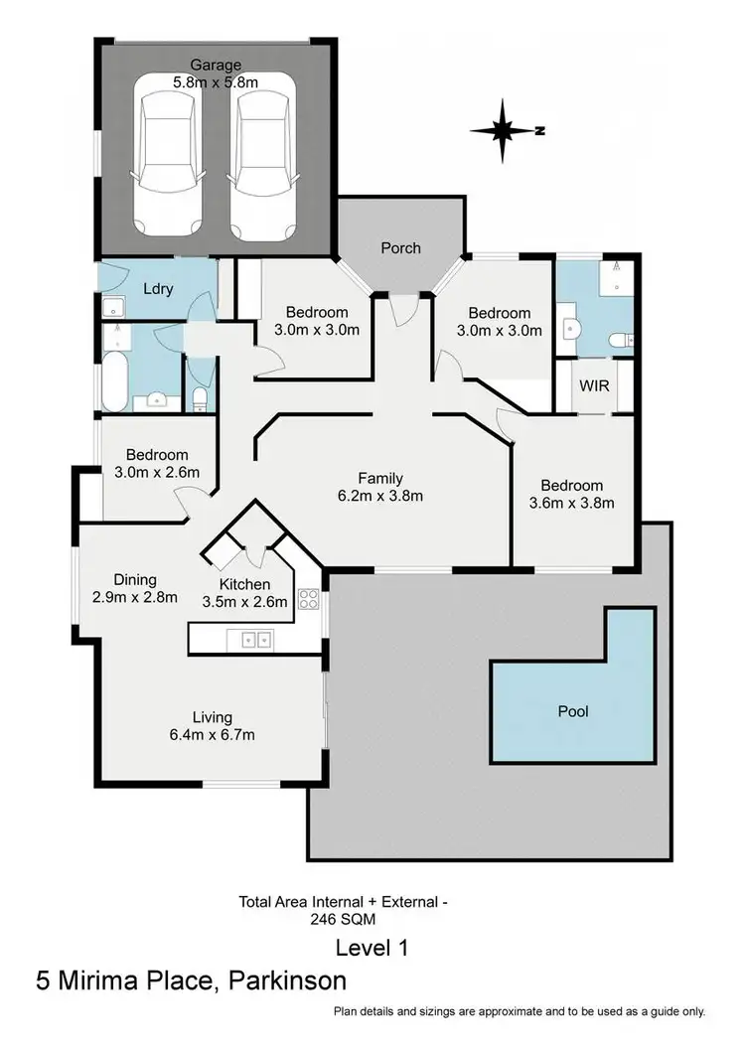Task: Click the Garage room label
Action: coord(216,66)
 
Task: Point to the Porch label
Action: coord(401,247)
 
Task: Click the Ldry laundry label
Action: coord(159,289)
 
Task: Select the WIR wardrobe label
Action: coord(594,384)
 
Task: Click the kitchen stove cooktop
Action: coord(309,599)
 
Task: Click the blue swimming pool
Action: coord(573,710)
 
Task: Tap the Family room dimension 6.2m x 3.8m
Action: coord(380,495)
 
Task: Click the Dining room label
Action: coord(135,580)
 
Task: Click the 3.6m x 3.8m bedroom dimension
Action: coord(571,502)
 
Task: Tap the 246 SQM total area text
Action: coord(344,919)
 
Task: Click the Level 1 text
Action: coord(372,947)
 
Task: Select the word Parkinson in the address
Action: coord(287,981)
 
